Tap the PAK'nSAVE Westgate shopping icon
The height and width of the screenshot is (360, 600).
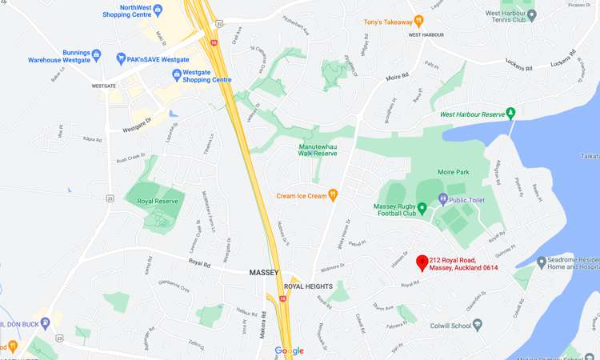[121, 58]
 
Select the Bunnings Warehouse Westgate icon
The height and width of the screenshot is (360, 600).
[96, 55]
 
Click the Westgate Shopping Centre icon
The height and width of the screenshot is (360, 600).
[177, 74]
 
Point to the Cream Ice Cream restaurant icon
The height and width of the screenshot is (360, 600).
[334, 194]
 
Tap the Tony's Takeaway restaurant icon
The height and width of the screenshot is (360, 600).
[420, 21]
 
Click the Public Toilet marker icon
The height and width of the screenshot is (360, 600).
[441, 199]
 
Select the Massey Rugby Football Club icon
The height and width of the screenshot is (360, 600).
[422, 210]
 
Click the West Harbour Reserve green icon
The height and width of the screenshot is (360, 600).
[511, 113]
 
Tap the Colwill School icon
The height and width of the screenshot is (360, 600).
[478, 324]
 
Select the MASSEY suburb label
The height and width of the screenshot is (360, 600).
[263, 272]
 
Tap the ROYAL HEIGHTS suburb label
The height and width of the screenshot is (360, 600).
[307, 286]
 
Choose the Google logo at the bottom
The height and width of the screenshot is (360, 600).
[289, 350]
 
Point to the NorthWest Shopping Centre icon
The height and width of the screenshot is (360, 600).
[158, 10]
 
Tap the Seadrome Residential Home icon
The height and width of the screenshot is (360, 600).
[542, 262]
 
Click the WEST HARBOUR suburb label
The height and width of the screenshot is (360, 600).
[426, 35]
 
